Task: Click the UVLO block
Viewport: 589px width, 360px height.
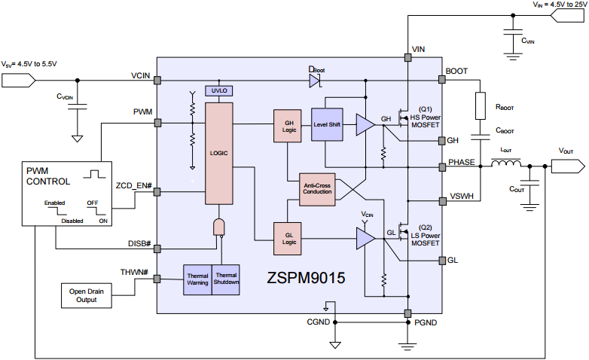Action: (219, 90)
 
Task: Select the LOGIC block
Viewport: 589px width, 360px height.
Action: (219, 154)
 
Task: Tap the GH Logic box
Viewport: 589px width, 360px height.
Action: (288, 126)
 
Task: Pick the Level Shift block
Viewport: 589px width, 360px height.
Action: (327, 125)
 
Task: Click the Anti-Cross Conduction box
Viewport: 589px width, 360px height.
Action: (317, 189)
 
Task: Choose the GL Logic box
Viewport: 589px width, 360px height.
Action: (288, 239)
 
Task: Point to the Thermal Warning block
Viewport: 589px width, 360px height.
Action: (197, 279)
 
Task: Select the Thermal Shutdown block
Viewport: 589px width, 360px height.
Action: (226, 279)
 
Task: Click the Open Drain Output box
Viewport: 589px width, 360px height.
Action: (87, 296)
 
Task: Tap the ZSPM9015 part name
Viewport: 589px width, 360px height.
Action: (306, 278)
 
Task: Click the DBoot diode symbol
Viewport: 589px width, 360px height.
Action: (315, 81)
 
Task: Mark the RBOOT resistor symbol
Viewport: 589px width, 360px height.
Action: (481, 106)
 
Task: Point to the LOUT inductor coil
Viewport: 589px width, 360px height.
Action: (506, 163)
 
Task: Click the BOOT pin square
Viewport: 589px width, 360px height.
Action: (442, 80)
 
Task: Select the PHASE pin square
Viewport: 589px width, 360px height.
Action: (442, 167)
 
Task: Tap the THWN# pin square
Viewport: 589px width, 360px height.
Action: (157, 279)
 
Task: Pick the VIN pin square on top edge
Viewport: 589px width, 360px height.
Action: (408, 57)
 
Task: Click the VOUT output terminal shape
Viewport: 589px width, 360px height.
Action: (568, 166)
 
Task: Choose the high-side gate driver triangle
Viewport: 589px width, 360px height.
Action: (365, 125)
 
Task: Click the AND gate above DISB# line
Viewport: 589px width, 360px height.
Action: (219, 227)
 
